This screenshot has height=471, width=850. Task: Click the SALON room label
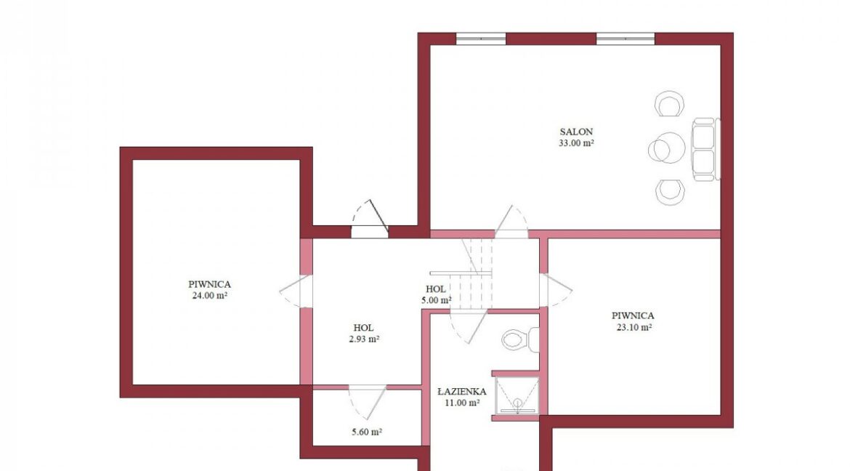576,132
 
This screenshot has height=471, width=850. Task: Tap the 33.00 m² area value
576,143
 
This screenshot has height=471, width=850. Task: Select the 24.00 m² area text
209,296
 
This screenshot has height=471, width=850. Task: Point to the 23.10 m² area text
634,327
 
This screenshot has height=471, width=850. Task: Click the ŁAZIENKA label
461,392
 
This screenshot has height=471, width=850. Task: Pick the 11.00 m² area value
461,403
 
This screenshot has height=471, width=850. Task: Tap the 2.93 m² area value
364,339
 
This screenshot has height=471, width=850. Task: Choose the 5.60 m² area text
367,432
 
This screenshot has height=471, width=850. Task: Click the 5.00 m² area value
436,300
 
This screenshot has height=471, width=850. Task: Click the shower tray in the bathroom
517,395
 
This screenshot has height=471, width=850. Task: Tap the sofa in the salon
705,149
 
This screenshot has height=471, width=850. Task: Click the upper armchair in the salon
670,104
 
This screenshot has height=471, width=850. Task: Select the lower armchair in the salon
670,192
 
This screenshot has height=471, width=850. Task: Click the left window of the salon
481,39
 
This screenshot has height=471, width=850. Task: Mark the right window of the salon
626,39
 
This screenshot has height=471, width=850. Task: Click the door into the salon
511,222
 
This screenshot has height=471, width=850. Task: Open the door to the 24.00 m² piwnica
296,291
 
